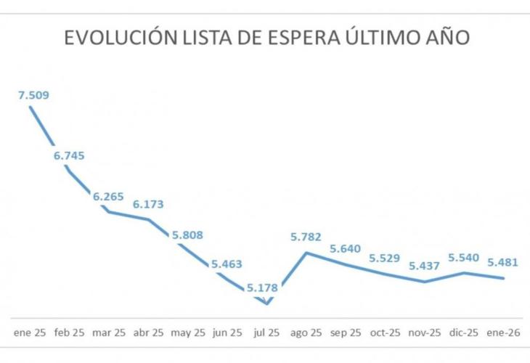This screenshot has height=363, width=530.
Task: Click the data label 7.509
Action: [x=33, y=94]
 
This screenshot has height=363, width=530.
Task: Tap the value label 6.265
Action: [x=108, y=196]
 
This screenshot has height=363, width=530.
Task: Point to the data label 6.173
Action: [x=148, y=205]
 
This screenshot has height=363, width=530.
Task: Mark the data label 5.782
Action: [x=306, y=237]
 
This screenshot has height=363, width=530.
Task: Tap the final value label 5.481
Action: [x=503, y=262]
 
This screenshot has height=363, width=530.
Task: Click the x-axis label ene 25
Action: [x=30, y=333]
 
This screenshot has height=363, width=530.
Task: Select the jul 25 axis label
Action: [x=266, y=333]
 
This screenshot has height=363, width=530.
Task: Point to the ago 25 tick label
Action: [x=306, y=333]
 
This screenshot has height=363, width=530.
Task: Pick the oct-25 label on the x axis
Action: [x=384, y=333]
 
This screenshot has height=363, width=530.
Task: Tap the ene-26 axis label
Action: [x=503, y=333]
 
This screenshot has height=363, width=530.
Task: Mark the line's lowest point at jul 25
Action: [x=267, y=303]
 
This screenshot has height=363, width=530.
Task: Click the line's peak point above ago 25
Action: [x=306, y=253]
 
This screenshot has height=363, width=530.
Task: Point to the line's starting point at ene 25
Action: [x=30, y=107]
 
